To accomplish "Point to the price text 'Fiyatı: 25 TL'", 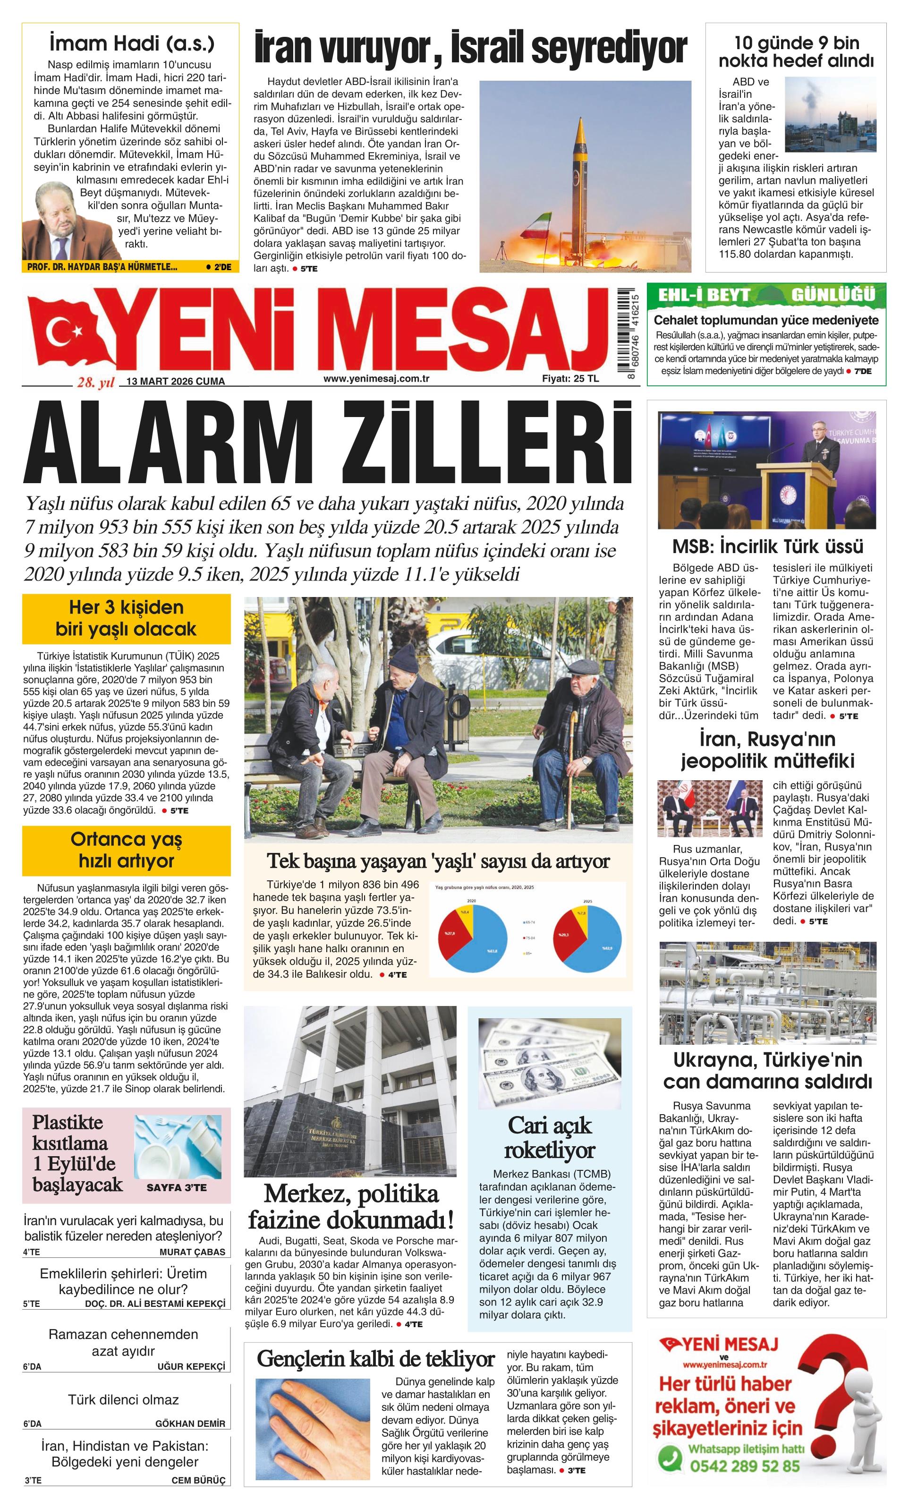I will [570, 378].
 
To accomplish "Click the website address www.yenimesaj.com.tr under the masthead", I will [376, 378].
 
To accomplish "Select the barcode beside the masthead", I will [626, 334].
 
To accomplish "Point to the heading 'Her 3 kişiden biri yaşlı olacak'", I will [126, 619].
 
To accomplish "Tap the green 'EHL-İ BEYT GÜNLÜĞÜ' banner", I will [766, 295].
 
